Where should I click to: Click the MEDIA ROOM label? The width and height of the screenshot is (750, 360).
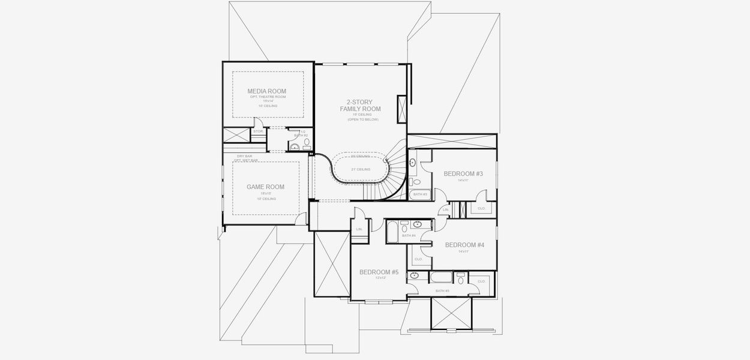coord(266,91)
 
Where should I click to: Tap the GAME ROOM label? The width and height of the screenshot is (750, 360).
coord(265,187)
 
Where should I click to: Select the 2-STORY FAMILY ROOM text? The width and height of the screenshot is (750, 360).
coord(360,106)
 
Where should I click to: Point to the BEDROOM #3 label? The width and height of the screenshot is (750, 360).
coord(463,173)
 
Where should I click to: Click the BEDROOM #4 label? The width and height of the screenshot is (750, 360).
coord(464,245)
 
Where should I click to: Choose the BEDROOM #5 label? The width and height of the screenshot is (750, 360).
coord(379,272)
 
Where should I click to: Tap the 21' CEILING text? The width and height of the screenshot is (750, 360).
coord(361,169)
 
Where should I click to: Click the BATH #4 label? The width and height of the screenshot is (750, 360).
coord(409,236)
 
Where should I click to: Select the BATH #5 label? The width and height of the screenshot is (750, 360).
coord(442,291)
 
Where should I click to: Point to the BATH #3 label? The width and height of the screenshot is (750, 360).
coord(419,194)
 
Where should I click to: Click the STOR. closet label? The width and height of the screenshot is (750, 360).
coord(258,131)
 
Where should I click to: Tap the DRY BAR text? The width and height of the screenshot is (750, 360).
coord(244,157)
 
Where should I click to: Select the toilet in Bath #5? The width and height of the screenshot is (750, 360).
coord(461,279)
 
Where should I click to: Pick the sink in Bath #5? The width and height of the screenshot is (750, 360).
coord(414,276)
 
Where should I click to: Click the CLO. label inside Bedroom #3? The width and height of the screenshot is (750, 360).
coord(481,209)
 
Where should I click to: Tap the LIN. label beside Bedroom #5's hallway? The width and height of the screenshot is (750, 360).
coord(359,229)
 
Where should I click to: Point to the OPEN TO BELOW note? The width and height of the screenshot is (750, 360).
coord(360,120)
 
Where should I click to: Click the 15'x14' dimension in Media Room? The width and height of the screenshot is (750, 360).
coord(268,101)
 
